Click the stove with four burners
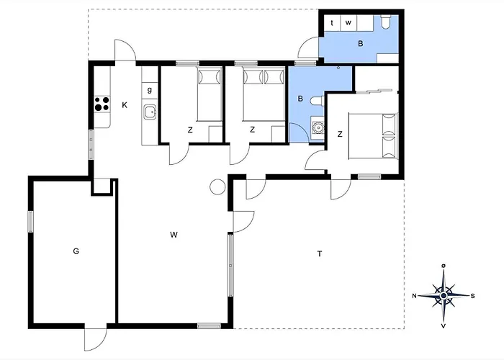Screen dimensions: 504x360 click(102, 104)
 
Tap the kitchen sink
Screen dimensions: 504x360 click(150, 112)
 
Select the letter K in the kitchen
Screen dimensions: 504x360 click(125, 105)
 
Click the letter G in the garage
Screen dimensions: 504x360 click(76, 251)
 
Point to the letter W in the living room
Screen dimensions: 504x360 click(174, 235)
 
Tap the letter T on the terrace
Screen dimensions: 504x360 click(320, 254)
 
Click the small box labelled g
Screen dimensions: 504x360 click(150, 90)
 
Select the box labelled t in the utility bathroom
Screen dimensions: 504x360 click(332, 23)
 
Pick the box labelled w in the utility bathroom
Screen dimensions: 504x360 click(348, 23)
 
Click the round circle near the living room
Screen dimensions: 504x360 click(217, 186)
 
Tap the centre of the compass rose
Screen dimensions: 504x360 click(444, 295)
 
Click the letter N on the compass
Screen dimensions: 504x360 click(415, 296)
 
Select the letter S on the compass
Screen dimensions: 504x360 click(473, 296)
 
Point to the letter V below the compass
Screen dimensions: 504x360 click(444, 326)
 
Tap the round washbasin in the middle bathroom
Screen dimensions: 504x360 click(318, 128)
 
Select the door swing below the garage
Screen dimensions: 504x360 click(96, 339)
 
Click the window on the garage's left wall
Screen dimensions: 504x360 click(30, 221)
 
